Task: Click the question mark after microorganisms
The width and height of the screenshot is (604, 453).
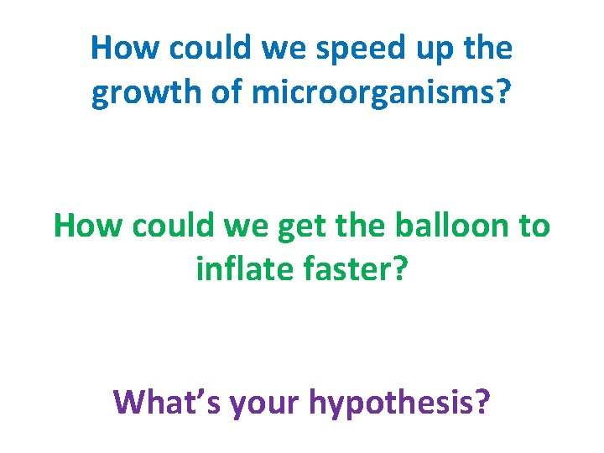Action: click(502, 92)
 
